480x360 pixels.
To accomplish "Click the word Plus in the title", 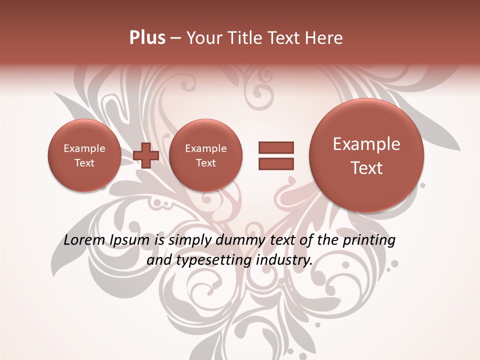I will [x=147, y=38].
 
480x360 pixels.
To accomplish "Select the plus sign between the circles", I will [x=146, y=155].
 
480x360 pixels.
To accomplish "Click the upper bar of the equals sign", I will [x=276, y=147].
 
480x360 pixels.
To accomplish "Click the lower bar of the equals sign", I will [x=276, y=163].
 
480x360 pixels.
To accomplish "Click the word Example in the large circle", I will [x=366, y=144].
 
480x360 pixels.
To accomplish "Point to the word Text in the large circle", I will [x=366, y=168].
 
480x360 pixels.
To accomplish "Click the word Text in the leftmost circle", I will [x=84, y=163].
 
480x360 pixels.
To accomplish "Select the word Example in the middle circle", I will [x=205, y=148].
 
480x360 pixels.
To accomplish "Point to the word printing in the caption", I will [x=369, y=240].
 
